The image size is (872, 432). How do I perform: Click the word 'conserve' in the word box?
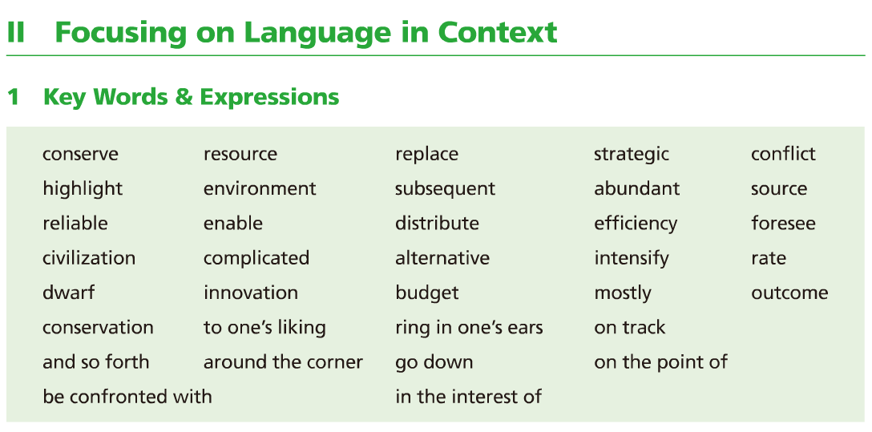[x=81, y=154]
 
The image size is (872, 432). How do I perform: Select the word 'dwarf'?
[x=68, y=293]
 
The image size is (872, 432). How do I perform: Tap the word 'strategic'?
[x=632, y=155]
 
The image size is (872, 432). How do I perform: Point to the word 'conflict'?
[x=783, y=153]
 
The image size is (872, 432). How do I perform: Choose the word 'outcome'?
[x=789, y=293]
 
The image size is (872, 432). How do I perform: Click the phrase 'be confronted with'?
[x=127, y=397]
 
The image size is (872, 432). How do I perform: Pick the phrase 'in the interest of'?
[x=468, y=397]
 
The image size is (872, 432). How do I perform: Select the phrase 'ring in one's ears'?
[x=469, y=328]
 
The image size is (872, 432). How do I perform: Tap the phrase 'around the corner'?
[x=283, y=362]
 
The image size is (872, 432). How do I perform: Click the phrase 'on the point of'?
[x=660, y=362]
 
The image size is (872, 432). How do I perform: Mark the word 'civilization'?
[x=89, y=258]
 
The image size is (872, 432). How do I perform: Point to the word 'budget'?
[x=427, y=293]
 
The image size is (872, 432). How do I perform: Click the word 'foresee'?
[x=783, y=224]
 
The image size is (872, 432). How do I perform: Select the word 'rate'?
[x=769, y=259]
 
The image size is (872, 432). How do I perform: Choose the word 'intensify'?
[x=632, y=259]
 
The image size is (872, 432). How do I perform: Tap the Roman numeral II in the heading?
[x=15, y=33]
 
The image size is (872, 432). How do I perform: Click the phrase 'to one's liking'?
[x=264, y=328]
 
